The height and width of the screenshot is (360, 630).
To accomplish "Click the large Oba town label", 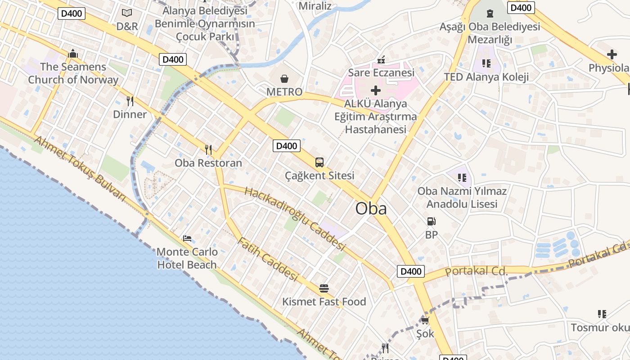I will pyautogui.click(x=371, y=208).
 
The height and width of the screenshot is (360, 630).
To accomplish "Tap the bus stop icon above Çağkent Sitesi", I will pyautogui.click(x=319, y=162).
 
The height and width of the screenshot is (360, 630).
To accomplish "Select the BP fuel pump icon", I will pyautogui.click(x=431, y=221).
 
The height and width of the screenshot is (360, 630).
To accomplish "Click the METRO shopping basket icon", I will pyautogui.click(x=284, y=79).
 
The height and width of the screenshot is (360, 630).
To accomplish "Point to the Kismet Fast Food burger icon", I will pyautogui.click(x=324, y=288).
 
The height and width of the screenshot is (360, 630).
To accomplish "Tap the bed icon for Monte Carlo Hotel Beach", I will pyautogui.click(x=187, y=238).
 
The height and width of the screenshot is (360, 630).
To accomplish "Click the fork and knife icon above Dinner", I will pyautogui.click(x=130, y=101).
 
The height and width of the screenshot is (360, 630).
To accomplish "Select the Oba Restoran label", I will pyautogui.click(x=208, y=163).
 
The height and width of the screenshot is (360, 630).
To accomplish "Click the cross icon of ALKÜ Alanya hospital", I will pyautogui.click(x=376, y=90).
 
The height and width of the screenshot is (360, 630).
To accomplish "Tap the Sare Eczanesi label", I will pyautogui.click(x=381, y=72).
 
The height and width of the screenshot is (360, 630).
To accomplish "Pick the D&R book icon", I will pyautogui.click(x=127, y=13).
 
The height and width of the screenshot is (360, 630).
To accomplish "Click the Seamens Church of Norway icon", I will pyautogui.click(x=73, y=54).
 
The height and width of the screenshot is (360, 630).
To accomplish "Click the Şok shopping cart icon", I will pyautogui.click(x=425, y=320).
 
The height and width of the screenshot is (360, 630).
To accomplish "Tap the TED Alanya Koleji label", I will pyautogui.click(x=486, y=76).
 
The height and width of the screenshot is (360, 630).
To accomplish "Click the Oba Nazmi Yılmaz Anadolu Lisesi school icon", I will pyautogui.click(x=462, y=178).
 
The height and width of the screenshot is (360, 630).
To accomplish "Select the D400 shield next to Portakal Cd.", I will pyautogui.click(x=411, y=271).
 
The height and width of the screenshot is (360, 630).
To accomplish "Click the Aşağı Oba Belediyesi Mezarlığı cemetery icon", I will pyautogui.click(x=490, y=13).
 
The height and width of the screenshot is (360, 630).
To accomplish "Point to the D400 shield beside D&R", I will pyautogui.click(x=71, y=13).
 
